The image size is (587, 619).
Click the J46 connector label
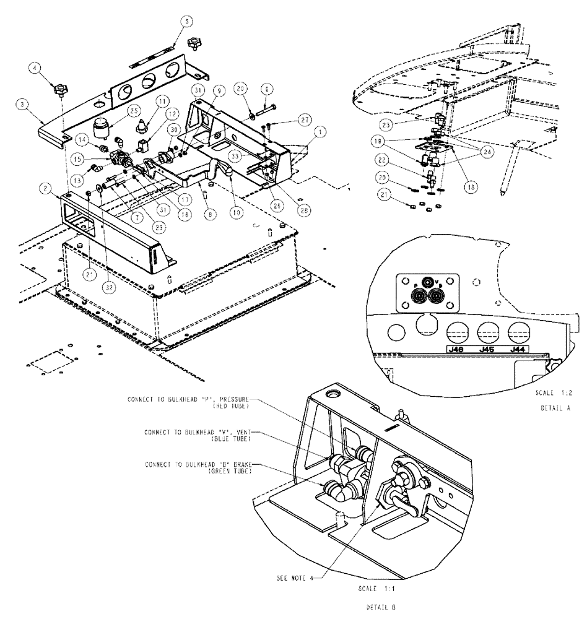point(458,349)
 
